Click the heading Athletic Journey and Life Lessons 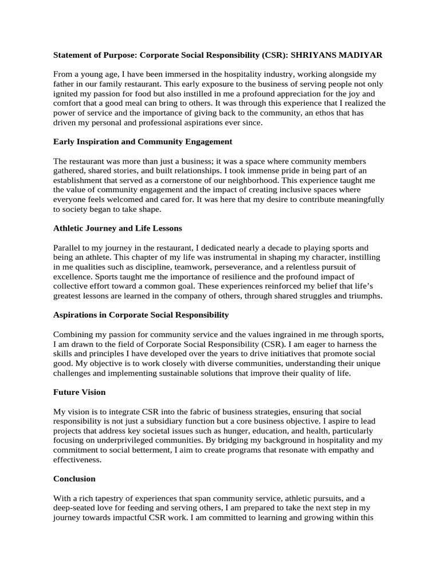click(x=117, y=228)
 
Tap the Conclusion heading click(x=74, y=478)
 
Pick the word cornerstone click(x=186, y=180)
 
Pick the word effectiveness click(x=77, y=459)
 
